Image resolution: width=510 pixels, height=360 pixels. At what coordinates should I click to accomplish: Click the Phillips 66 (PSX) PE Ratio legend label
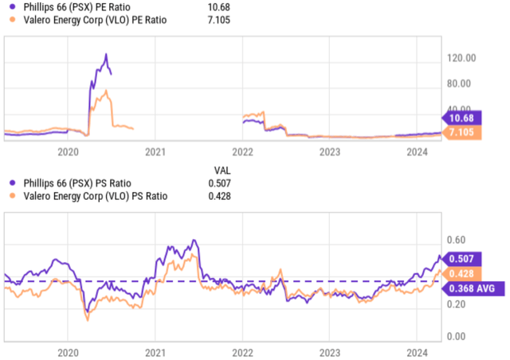pos(72,6)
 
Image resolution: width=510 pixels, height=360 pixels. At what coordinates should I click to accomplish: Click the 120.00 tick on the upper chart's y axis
pos(462,58)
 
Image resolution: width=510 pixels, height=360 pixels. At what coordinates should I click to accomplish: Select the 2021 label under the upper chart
pos(155,151)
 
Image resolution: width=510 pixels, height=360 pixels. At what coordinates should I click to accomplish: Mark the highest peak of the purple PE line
pos(105,54)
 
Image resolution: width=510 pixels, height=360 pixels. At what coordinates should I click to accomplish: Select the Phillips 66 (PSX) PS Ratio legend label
pos(72,183)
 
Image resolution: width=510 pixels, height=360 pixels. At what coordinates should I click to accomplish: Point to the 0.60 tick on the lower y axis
pos(456,240)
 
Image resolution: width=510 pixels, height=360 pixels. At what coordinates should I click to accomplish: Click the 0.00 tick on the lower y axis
pos(456,336)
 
